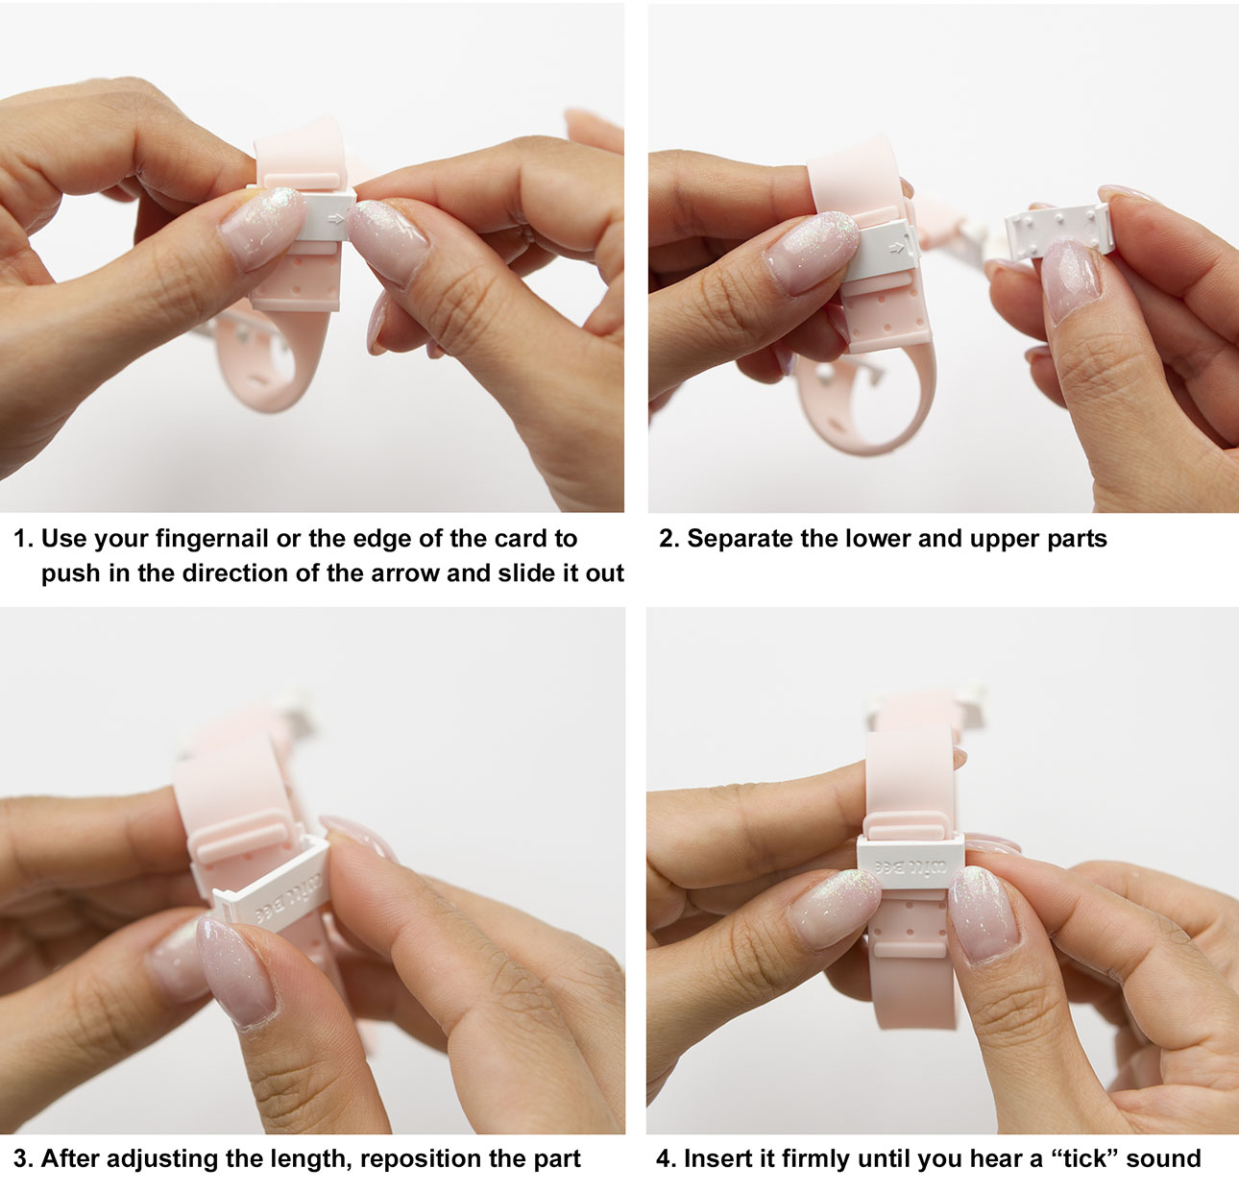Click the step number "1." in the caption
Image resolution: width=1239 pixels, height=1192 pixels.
click(24, 539)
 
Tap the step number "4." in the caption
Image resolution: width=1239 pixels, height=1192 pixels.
click(667, 1158)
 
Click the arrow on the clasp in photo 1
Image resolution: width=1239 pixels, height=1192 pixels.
click(334, 219)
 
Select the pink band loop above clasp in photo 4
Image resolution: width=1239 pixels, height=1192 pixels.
click(911, 826)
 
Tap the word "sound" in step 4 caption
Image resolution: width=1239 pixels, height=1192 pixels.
click(1163, 1158)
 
